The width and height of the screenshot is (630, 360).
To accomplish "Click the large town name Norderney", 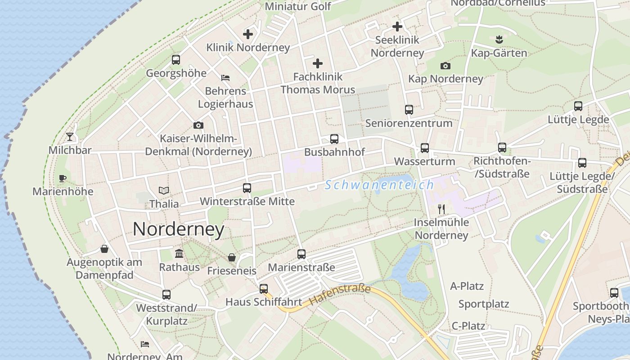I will [178, 229].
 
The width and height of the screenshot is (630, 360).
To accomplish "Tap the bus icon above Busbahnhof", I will [334, 139].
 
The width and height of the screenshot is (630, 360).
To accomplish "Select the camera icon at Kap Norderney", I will [445, 66].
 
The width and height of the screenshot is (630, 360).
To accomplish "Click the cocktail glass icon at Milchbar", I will [70, 137].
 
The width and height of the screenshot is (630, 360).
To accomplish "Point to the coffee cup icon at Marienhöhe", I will [63, 179].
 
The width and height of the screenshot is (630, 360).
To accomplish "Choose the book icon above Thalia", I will [164, 191].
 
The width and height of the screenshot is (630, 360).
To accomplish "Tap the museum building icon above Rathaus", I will [179, 253].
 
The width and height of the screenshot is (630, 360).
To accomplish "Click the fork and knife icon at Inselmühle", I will [441, 209].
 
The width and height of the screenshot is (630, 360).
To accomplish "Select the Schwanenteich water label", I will [379, 185].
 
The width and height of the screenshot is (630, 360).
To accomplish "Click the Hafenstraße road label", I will [340, 295].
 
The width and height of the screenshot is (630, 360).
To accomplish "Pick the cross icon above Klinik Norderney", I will [247, 34].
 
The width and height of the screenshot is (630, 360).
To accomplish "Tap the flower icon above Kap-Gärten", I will [499, 40].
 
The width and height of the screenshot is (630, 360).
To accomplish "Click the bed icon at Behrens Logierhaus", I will [225, 78].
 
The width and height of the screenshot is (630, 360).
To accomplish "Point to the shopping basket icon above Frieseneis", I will [231, 257].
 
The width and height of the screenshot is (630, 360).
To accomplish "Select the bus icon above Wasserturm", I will [424, 148].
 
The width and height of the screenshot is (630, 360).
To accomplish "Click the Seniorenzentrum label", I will [409, 123].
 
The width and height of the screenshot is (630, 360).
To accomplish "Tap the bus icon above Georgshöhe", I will [176, 60].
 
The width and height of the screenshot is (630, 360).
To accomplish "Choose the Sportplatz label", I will [484, 304].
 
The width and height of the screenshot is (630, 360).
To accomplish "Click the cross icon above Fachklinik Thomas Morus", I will [318, 63].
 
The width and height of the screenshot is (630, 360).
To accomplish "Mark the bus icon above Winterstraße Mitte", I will [247, 188].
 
